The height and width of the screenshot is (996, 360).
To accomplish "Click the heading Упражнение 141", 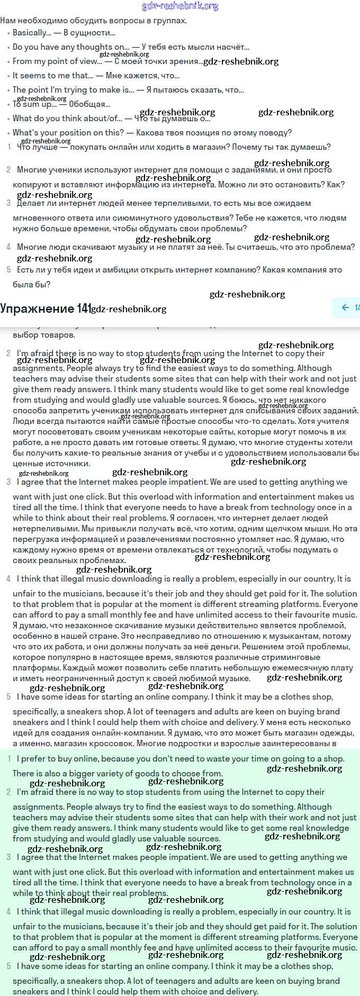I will point(46,309).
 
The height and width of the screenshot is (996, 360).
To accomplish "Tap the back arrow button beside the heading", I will point(345,307).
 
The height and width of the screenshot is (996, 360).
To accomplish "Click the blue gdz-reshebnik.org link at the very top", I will point(180,6).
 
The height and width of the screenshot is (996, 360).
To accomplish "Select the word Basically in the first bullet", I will point(31,33).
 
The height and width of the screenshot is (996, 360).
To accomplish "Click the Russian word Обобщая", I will point(89,104).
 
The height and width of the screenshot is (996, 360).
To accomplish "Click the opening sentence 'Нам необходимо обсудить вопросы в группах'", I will point(93,21).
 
